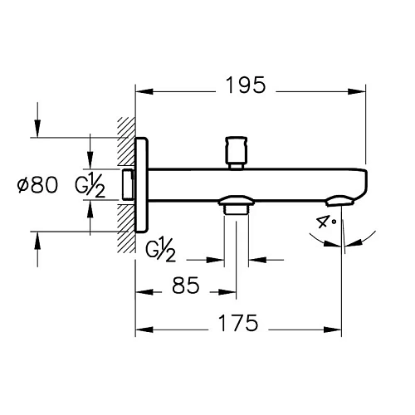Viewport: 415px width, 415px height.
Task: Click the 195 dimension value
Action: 246,85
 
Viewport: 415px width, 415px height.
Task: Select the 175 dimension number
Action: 238,323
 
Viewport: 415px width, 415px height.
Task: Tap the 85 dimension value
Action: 186,286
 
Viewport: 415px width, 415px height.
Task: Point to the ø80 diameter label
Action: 37,185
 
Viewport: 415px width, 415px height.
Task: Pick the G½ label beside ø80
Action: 90,185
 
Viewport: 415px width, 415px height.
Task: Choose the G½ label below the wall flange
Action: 160,250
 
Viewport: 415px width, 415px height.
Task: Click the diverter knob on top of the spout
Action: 236,152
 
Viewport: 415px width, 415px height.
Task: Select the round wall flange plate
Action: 142,185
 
